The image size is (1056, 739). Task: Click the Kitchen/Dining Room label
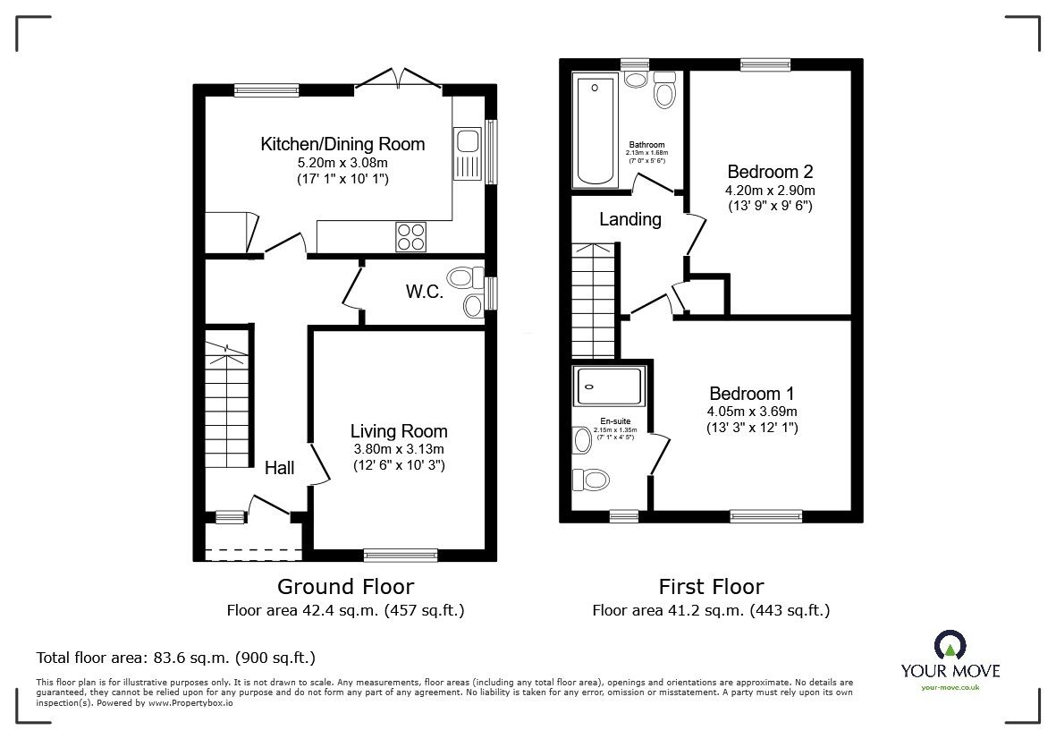(342, 144)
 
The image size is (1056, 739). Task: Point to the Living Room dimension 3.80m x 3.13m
(398, 449)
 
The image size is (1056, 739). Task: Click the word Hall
(280, 467)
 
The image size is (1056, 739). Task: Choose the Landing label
(630, 219)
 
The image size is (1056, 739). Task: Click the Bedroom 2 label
(769, 172)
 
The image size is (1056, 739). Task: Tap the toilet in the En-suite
(589, 480)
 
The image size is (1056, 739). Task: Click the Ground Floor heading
(345, 587)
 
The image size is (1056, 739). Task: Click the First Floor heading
(711, 587)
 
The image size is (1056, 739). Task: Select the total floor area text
(175, 658)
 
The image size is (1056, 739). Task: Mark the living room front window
(401, 554)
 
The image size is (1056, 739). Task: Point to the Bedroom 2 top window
(765, 64)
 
